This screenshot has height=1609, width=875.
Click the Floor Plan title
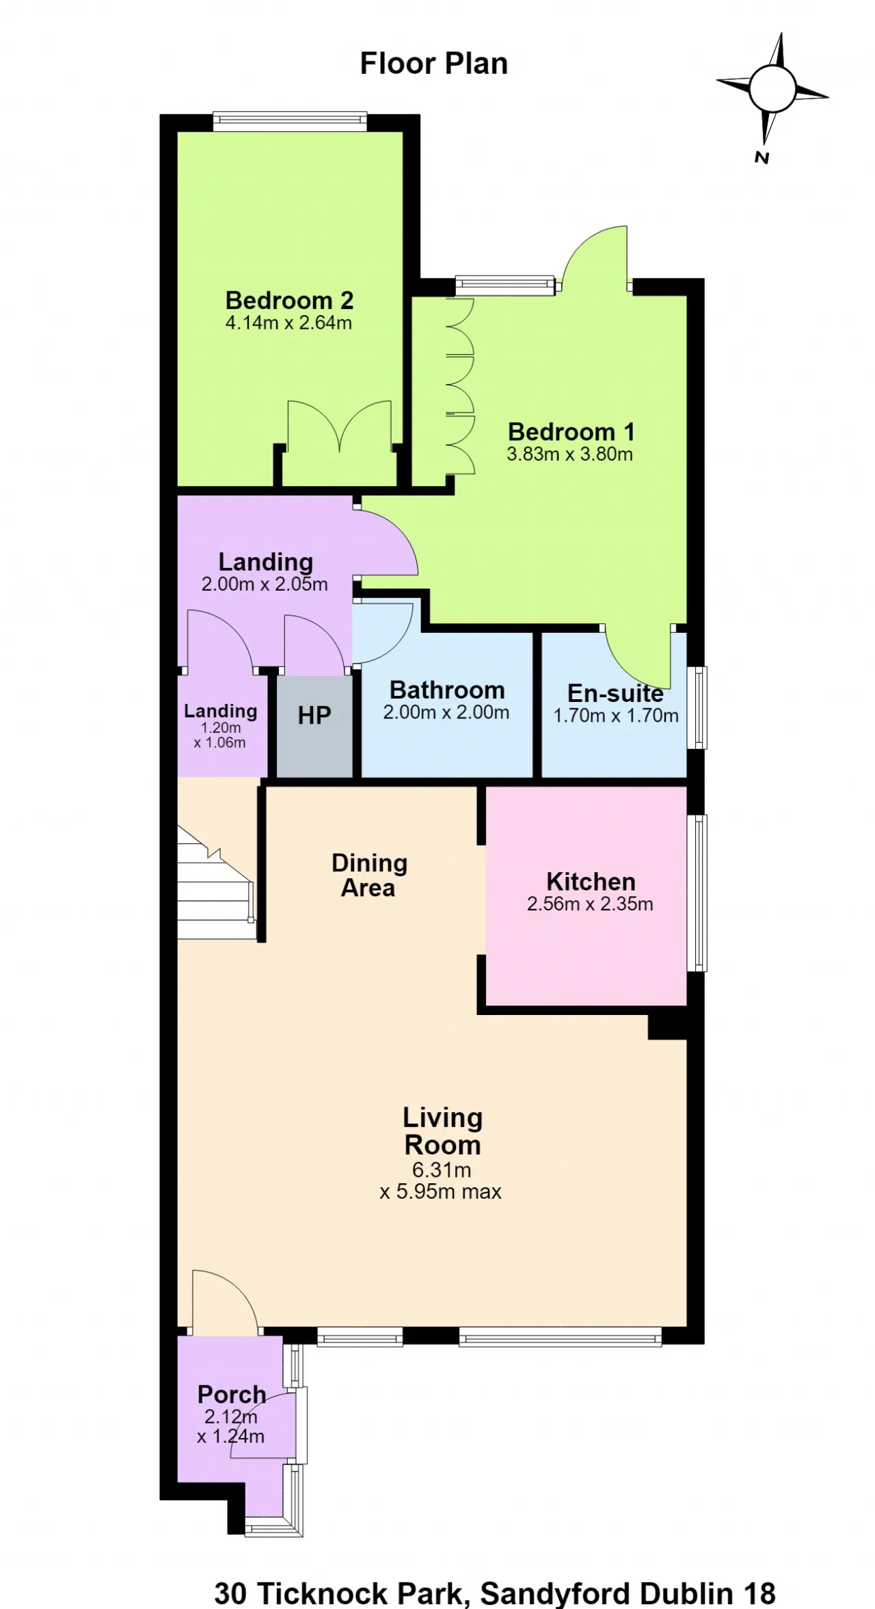(x=433, y=64)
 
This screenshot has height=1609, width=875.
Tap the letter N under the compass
(x=762, y=158)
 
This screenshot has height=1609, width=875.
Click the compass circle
(x=772, y=89)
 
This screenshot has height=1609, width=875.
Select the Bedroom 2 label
(x=289, y=300)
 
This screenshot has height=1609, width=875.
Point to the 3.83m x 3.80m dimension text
(x=569, y=454)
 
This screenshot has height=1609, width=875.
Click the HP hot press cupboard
(x=314, y=726)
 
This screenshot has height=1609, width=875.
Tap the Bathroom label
(x=447, y=690)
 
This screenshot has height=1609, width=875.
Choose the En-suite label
(x=615, y=693)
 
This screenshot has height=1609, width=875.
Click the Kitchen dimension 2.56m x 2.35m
(x=590, y=904)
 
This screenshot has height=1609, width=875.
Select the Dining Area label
(x=369, y=875)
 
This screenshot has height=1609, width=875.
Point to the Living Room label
(x=442, y=1131)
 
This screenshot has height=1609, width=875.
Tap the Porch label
(x=232, y=1394)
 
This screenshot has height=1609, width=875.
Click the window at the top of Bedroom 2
(x=290, y=121)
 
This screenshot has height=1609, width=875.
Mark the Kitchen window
(x=697, y=893)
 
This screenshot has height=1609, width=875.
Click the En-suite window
(x=697, y=707)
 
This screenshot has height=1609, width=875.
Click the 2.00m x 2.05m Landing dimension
(x=265, y=584)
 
